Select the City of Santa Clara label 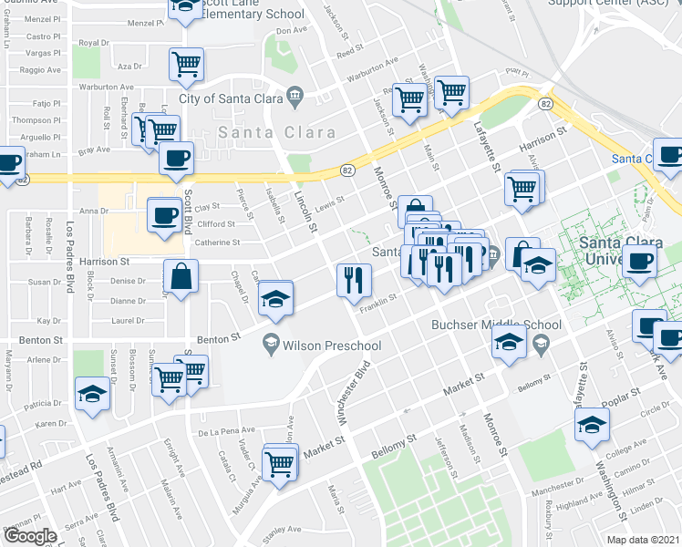coord(231,98)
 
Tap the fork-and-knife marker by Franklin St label coord(353,280)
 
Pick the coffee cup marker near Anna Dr coord(164,216)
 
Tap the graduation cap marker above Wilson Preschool coord(274,299)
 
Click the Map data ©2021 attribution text coord(644,540)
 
